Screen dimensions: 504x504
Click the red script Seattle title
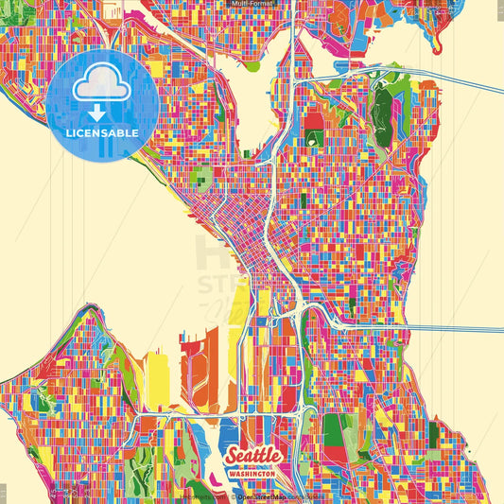point(252,456)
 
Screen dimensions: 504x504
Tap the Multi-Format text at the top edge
point(252,4)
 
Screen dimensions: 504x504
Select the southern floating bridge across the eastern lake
point(454,327)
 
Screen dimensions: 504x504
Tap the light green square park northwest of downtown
point(201,175)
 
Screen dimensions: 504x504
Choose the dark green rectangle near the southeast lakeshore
point(333,430)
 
